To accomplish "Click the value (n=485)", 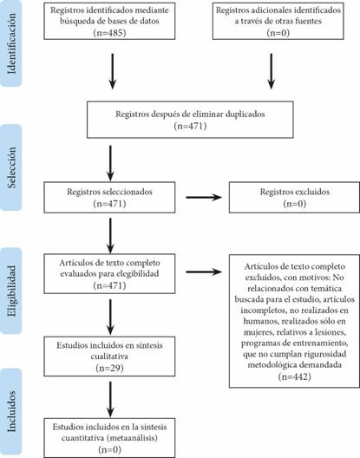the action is pos(109,32).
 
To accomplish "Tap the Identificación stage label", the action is pos(11,44).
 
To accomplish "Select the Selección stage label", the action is pos(11,167).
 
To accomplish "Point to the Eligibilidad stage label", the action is pos(11,291).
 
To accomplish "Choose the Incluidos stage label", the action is pos(11,411).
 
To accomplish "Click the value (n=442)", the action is pos(295,376).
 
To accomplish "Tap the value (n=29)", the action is pos(109,368).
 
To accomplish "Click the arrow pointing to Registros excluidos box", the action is pos(204,198).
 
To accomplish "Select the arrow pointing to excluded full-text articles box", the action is pos(204,272).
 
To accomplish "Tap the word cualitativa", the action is pos(109,357).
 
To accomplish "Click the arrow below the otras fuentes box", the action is pos(272,71).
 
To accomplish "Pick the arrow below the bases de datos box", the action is pos(113,71).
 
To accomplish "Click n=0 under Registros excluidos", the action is pos(295,204).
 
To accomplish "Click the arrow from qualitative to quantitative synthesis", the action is pos(110,399).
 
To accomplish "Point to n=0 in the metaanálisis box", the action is pos(109,449).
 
